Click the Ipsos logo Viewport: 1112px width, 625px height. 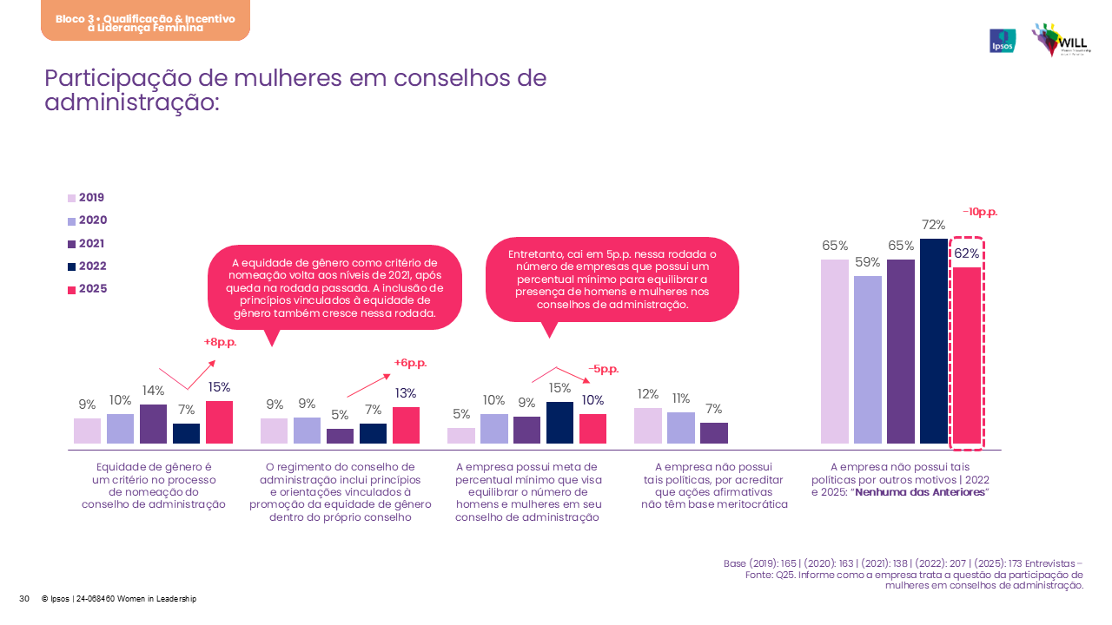click(x=1003, y=41)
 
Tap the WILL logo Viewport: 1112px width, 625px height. click(x=1061, y=40)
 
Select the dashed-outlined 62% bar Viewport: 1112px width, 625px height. click(x=967, y=356)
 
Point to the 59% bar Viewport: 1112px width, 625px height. click(x=868, y=359)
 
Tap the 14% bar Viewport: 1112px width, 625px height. click(x=153, y=424)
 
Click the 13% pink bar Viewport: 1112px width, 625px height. click(x=406, y=425)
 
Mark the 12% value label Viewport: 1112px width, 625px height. click(x=648, y=394)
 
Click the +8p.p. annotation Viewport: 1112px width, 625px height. click(x=220, y=342)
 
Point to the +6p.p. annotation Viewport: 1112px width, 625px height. click(x=410, y=363)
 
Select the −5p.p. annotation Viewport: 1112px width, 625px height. click(x=603, y=369)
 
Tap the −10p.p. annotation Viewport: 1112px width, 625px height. click(x=979, y=212)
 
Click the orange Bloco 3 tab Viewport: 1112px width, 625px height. click(x=145, y=22)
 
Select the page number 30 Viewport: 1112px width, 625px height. click(x=24, y=599)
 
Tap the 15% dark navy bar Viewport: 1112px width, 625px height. click(x=559, y=423)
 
